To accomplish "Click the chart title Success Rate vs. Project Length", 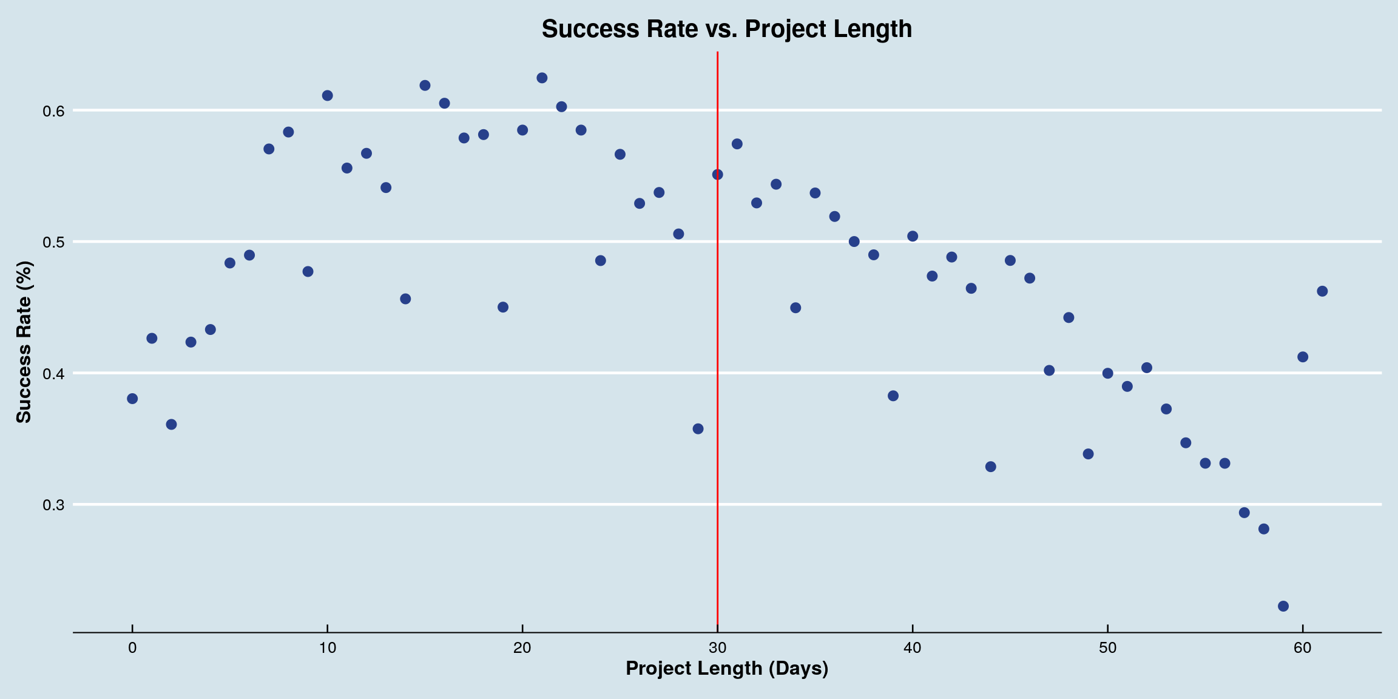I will [726, 29].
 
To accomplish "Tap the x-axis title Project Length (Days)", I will [726, 668].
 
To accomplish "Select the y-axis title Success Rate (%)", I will [24, 342].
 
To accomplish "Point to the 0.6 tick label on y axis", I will [53, 111].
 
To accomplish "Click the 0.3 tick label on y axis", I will [53, 505].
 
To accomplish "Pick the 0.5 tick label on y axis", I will [53, 242].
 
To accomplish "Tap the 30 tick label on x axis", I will [717, 648].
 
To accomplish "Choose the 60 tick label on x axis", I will [1302, 648].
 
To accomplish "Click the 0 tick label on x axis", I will [132, 648].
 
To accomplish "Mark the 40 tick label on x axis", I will [912, 648].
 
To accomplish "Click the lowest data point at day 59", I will [1283, 606].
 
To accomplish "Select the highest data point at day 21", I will [542, 78].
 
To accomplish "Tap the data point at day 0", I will [132, 399].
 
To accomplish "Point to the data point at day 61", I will [1322, 291].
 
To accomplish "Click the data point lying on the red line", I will [717, 175].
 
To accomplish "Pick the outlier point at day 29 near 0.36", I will [698, 429].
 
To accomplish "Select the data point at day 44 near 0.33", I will [990, 467].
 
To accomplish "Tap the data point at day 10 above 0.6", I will [327, 95].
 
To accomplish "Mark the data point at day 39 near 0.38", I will [893, 396].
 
